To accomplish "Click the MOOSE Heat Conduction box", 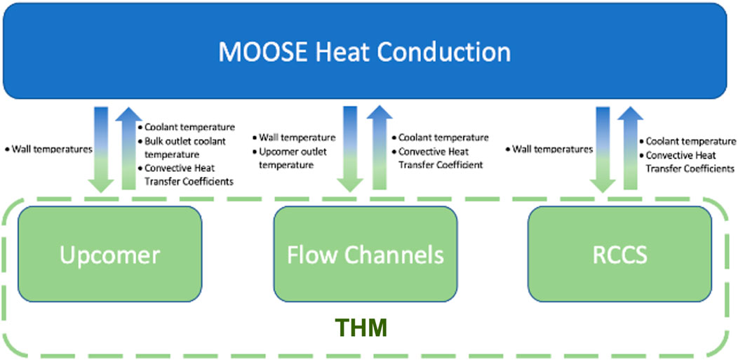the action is pos(365,51).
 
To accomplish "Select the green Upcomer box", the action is pos(109,254).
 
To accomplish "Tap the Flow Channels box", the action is pos(365,254).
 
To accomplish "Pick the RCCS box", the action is pos(619,254).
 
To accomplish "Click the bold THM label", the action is pos(361,328).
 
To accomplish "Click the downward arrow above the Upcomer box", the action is pos(101,149).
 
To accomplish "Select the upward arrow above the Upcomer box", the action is pos(129,148).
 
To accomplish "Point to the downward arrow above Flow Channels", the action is pos(350,149).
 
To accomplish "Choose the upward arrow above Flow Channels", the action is pos(379,148).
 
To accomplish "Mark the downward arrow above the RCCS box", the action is pos(603,149).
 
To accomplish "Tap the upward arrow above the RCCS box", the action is pos(630,148).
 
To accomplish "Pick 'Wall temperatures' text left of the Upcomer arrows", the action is pos(48,149).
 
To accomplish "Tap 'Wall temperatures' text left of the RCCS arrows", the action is pos(549,149).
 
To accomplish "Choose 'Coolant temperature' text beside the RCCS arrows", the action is pos(687,141).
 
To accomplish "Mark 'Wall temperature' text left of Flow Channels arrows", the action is pos(294,138).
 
